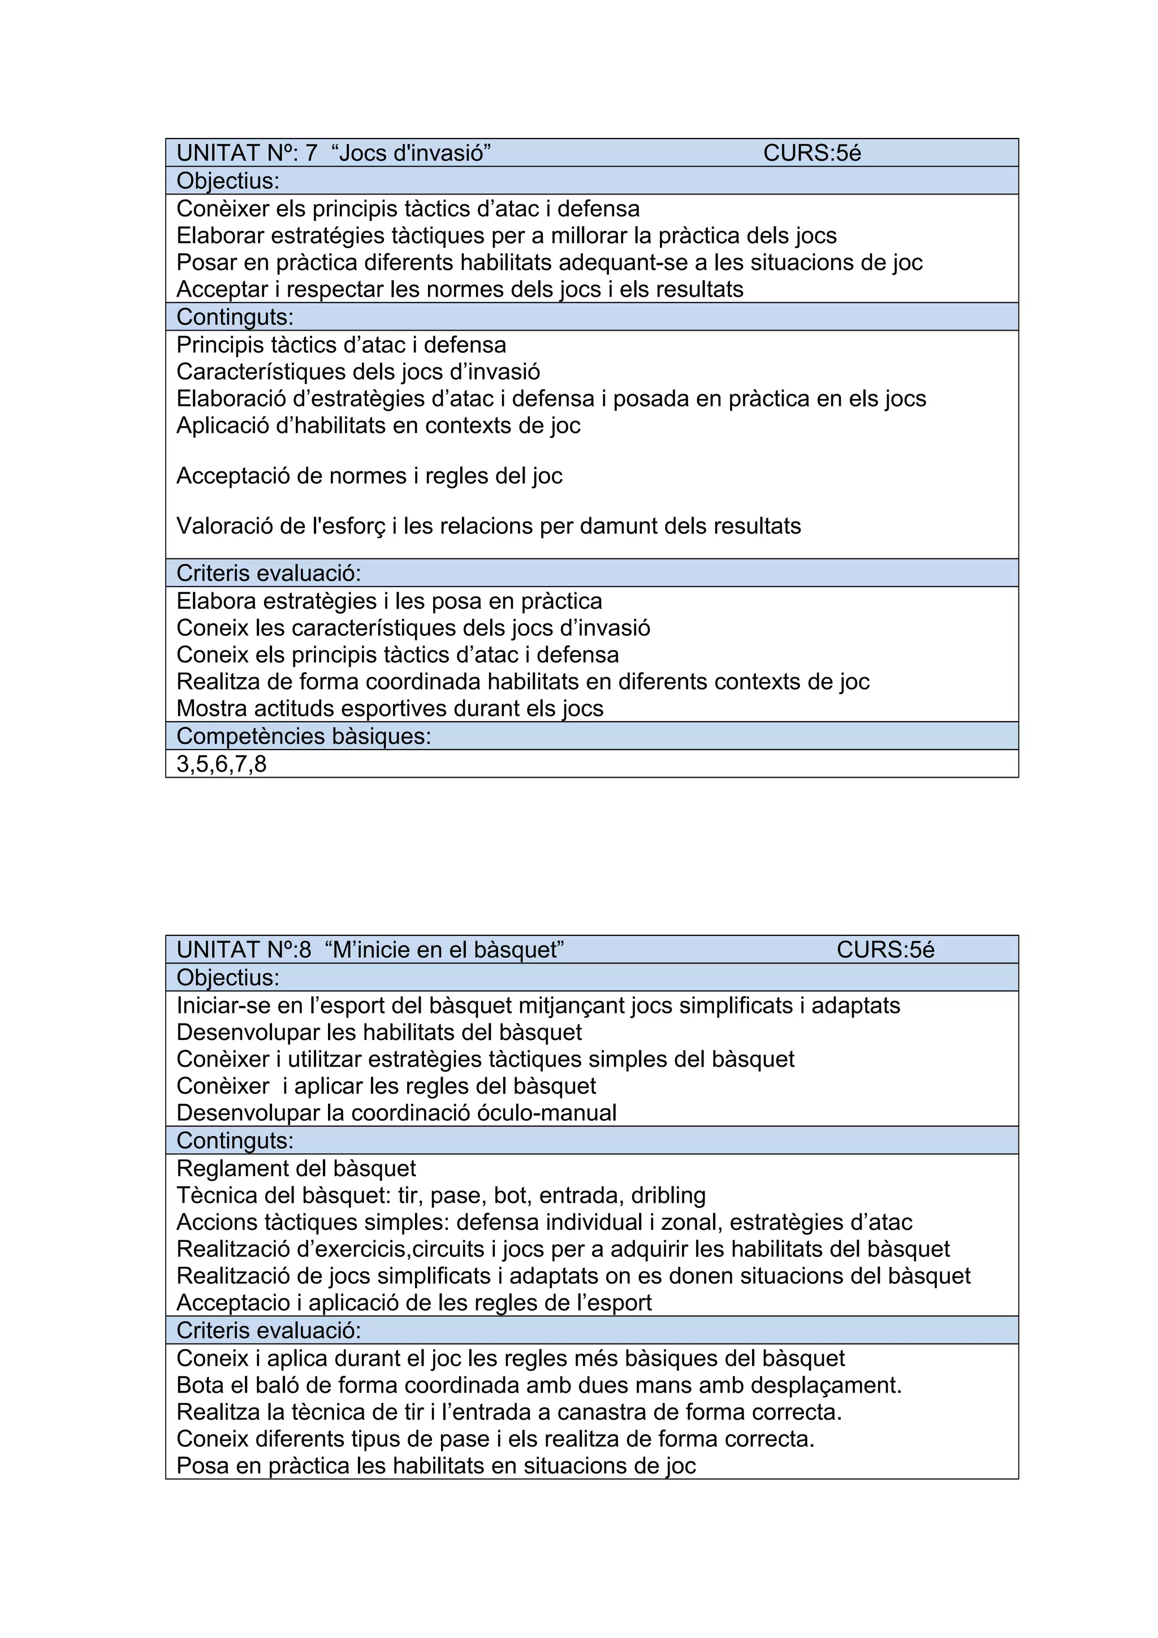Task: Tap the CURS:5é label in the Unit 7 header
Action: pos(812,153)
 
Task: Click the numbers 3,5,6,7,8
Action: pos(221,764)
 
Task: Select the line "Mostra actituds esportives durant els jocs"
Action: pos(390,708)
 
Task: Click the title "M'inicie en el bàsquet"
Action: pos(444,950)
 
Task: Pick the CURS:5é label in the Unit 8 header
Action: pos(885,950)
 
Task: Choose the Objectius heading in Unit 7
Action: pos(228,180)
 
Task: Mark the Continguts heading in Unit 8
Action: pos(235,1141)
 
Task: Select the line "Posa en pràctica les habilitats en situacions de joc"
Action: pos(435,1466)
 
